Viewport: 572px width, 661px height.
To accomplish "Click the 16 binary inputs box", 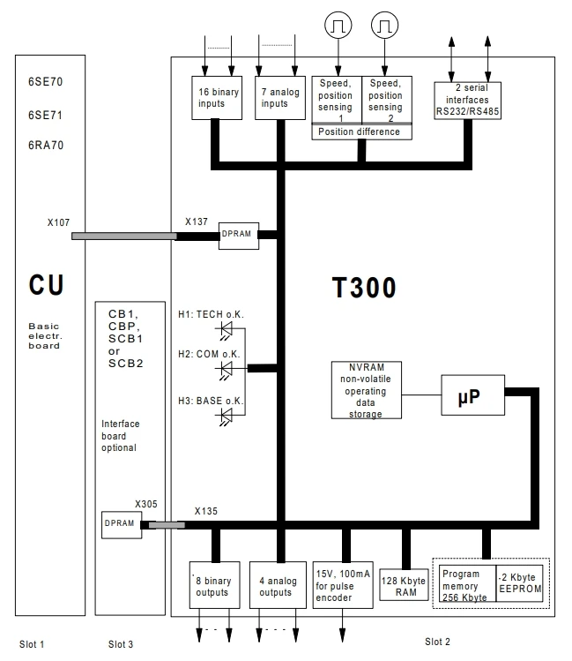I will pyautogui.click(x=216, y=97).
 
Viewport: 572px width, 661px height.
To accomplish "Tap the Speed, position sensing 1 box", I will pyautogui.click(x=336, y=100).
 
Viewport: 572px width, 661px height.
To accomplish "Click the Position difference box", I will pyautogui.click(x=361, y=131).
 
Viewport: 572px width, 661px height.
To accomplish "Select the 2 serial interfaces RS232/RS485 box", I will pyautogui.click(x=467, y=100).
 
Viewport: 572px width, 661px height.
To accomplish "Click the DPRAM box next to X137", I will pyautogui.click(x=238, y=235).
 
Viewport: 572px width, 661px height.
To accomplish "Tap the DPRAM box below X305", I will pyautogui.click(x=120, y=523).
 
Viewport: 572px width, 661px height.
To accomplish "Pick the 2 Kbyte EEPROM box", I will pyautogui.click(x=519, y=582).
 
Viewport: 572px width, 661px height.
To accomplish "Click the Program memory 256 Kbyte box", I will pyautogui.click(x=465, y=582).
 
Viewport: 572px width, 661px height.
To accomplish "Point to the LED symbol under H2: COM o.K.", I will pyautogui.click(x=228, y=367).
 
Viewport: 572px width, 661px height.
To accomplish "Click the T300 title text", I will pyautogui.click(x=365, y=287).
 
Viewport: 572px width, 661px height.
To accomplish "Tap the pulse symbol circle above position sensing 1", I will pyautogui.click(x=337, y=28).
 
